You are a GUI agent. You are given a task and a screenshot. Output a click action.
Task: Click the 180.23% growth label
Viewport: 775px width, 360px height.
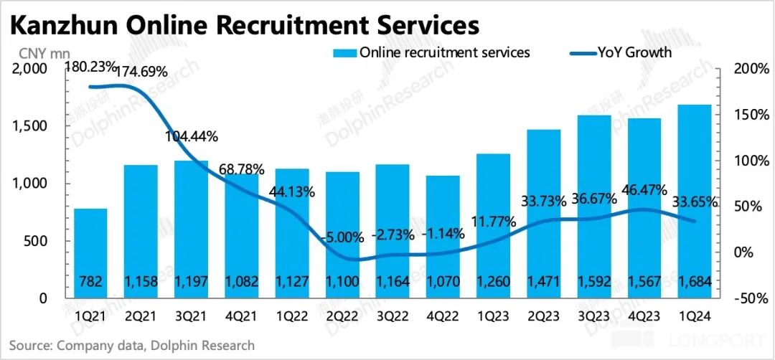pos(91,68)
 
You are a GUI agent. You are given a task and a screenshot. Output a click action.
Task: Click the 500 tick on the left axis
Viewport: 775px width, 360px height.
pos(34,241)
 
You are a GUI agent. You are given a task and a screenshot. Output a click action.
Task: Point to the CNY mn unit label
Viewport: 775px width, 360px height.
pos(39,52)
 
